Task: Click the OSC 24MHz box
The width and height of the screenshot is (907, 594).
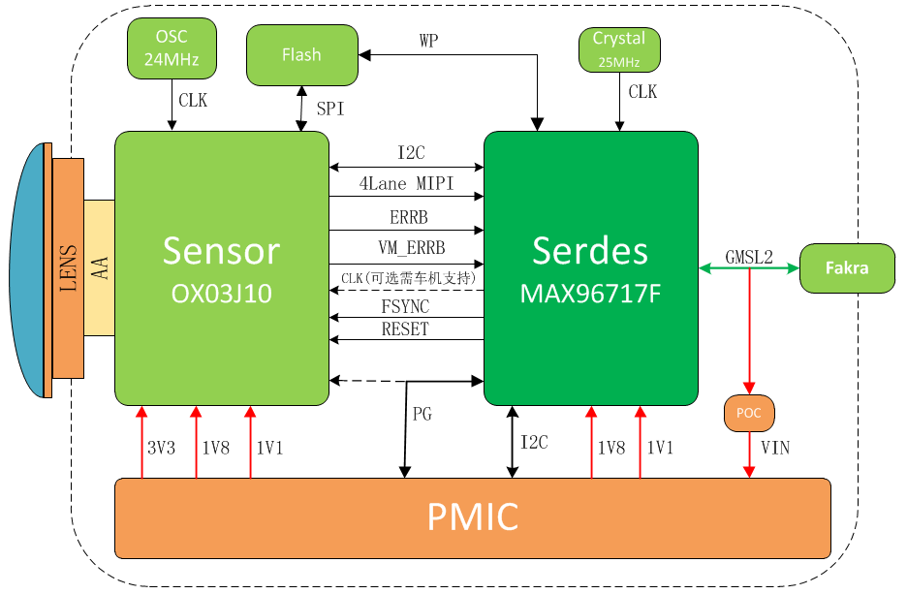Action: tap(172, 48)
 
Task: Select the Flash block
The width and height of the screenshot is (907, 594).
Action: tap(302, 55)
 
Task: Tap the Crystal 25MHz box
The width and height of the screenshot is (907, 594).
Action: tap(619, 49)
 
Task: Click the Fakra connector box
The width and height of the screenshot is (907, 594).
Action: tap(848, 268)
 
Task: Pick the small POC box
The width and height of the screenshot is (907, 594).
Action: tap(749, 413)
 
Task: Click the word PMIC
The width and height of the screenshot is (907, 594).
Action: tap(473, 516)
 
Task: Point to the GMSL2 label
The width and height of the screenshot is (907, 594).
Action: tap(749, 257)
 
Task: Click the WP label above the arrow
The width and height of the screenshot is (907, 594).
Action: tap(428, 41)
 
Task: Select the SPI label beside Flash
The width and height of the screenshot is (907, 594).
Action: tap(330, 109)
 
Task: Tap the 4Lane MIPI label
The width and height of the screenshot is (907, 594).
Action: tap(406, 183)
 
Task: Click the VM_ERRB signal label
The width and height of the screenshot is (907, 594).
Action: tap(412, 247)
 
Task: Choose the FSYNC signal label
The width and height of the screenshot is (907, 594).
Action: tap(405, 306)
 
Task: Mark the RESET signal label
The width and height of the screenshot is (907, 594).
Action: tap(405, 329)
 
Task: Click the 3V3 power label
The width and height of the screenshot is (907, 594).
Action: tap(162, 448)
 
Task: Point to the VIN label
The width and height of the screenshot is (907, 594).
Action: tap(775, 448)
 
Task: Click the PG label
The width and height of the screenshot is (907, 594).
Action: tap(422, 414)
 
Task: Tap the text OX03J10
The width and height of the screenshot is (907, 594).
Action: tap(222, 294)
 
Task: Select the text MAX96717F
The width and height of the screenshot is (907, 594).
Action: tap(590, 294)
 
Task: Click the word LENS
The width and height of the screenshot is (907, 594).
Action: tap(68, 268)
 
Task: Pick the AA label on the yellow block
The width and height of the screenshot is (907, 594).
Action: tap(100, 268)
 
